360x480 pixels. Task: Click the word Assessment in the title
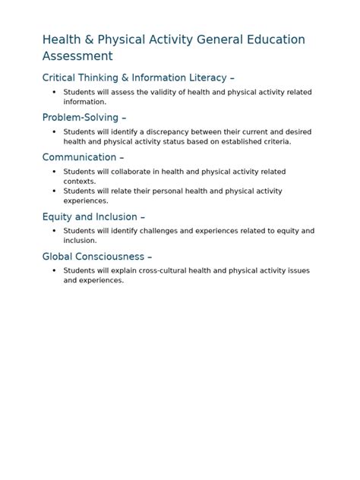click(x=77, y=56)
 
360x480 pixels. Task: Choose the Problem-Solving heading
click(x=81, y=117)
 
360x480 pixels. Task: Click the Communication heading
click(x=79, y=157)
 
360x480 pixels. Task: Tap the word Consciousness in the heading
click(x=111, y=256)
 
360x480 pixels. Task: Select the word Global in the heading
click(x=58, y=256)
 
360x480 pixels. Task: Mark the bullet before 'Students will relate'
click(x=54, y=191)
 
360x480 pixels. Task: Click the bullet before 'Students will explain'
click(x=54, y=270)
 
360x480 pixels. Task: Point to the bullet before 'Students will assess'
click(x=54, y=92)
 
